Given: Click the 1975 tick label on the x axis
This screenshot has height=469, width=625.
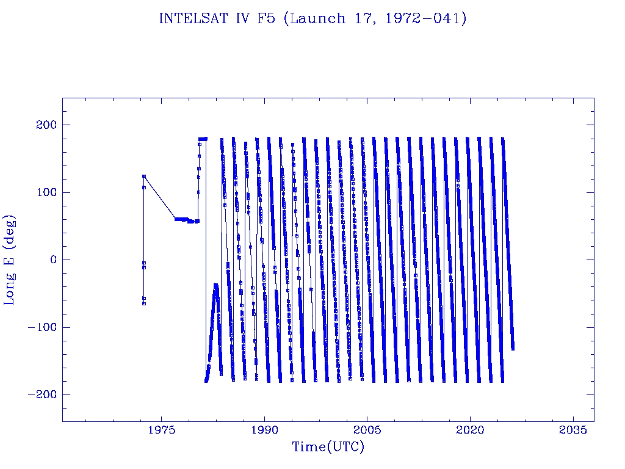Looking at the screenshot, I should pos(162,431).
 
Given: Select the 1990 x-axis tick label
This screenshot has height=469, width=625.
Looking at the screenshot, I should pos(265,431).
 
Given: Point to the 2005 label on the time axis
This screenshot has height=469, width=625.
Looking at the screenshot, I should pos(367,431).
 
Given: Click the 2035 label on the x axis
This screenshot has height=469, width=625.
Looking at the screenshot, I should pos(573,431).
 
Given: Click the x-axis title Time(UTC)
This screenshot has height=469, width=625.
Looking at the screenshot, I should pos(328,447).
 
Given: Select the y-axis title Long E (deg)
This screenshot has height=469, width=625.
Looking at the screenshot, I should pos(10,260).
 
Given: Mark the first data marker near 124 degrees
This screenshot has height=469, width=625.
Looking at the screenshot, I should pos(144,176).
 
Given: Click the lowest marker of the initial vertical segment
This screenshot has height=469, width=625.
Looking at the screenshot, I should pos(144,304).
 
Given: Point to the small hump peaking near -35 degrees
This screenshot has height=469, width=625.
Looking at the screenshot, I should pos(215,285).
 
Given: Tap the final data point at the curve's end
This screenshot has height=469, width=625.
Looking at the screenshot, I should pos(513,348).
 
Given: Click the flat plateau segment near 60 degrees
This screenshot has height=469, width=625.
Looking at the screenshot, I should pos(181,219).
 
